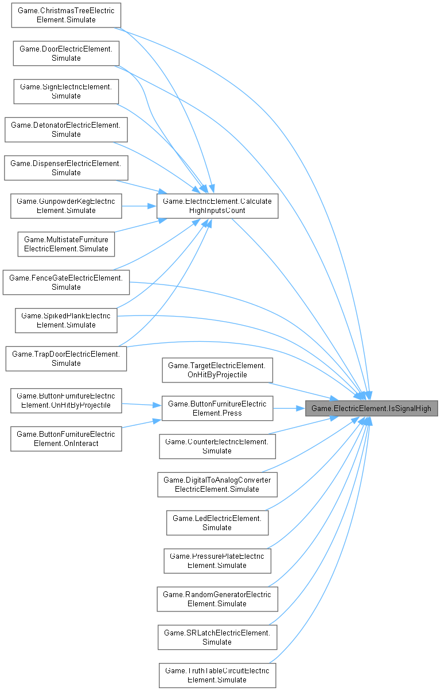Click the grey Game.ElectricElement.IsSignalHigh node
point(372,409)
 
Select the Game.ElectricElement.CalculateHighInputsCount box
point(217,206)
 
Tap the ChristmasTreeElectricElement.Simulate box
point(66,15)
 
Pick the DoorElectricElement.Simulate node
point(66,54)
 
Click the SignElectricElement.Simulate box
point(66,92)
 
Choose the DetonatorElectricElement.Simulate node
point(66,130)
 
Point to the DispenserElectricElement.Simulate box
point(66,168)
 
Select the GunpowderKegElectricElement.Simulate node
point(66,206)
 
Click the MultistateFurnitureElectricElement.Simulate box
point(66,244)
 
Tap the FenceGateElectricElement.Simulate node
point(66,282)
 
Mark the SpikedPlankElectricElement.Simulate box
point(66,321)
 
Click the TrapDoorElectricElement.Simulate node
point(66,359)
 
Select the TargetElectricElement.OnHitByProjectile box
point(217,370)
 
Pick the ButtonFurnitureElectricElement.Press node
point(217,409)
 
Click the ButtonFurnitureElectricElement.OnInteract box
point(66,438)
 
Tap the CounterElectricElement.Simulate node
point(217,447)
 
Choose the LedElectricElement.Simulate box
point(217,523)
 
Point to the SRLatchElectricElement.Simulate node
point(217,638)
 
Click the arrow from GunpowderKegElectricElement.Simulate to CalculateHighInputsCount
point(139,206)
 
